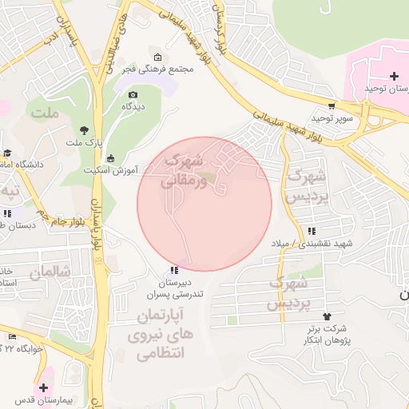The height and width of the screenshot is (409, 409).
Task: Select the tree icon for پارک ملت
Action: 84,130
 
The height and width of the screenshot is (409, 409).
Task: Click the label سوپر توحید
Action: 332,117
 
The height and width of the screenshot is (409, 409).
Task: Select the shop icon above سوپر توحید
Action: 332,105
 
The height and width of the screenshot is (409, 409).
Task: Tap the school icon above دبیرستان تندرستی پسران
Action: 175,271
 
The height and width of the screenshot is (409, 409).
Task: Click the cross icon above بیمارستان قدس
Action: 43,387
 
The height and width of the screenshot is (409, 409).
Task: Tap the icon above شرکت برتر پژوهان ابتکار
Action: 326,316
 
